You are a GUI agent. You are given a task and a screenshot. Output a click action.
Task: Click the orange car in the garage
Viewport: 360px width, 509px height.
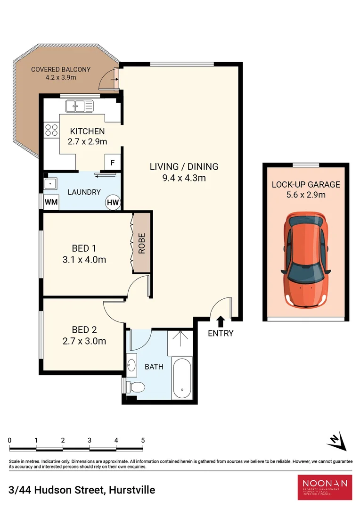[305, 259]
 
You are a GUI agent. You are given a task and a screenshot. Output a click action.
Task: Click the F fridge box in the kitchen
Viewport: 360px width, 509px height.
[112, 163]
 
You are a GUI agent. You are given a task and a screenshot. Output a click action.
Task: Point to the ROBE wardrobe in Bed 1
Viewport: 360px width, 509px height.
[141, 243]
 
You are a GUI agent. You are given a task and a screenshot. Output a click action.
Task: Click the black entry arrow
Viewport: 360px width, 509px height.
[220, 321]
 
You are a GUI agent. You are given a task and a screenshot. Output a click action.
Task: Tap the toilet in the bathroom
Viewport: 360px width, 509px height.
[136, 387]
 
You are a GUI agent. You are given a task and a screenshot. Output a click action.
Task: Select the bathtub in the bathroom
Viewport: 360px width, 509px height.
[181, 378]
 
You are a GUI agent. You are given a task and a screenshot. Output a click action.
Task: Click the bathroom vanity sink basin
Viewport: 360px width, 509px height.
[132, 365]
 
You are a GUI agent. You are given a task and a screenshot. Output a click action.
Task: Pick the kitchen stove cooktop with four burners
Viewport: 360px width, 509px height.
[51, 130]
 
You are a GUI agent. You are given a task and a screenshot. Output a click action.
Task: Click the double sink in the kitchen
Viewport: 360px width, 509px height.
[79, 107]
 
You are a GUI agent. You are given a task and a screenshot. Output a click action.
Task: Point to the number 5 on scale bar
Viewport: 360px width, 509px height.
[142, 440]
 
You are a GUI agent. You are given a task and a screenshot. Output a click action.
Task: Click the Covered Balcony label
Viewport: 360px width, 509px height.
[61, 69]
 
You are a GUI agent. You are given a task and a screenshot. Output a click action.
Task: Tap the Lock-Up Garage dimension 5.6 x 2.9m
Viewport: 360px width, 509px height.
[305, 194]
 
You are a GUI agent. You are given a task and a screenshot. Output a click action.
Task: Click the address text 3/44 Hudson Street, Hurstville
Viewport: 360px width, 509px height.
[82, 490]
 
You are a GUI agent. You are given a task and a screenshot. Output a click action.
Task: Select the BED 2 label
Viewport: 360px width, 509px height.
[84, 330]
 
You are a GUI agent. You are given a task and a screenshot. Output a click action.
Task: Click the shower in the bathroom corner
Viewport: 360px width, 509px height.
[181, 342]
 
